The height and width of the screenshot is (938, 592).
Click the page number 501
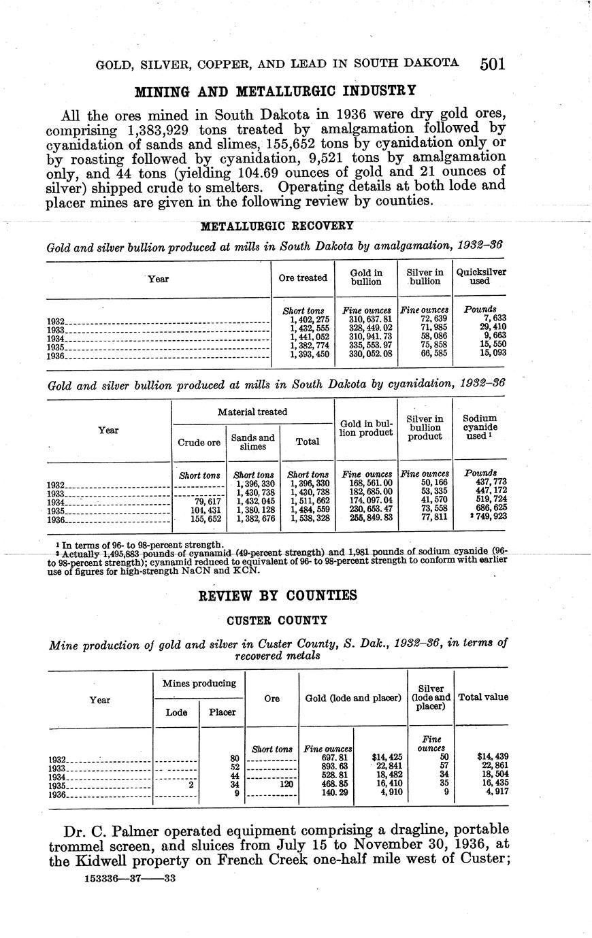coord(491,64)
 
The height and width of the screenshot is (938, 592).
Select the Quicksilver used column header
coord(480,276)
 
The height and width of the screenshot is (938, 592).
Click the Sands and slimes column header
coord(252,441)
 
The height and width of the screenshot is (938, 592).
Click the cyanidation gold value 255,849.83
coord(367,520)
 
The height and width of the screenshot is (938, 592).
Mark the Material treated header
coord(252,412)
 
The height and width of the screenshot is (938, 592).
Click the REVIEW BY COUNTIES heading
coord(277,596)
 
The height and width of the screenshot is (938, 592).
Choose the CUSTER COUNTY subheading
coord(277,620)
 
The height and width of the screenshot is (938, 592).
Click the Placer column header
coord(222,712)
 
